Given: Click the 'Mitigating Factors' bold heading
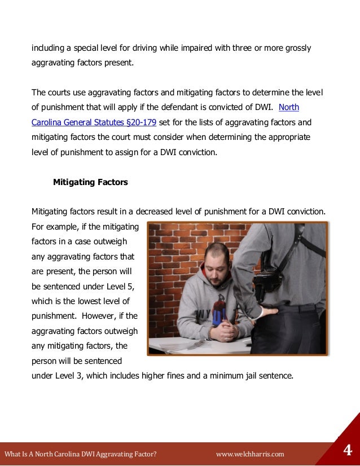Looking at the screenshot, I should click(90, 182).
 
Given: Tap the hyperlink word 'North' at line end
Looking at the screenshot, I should click(289, 107).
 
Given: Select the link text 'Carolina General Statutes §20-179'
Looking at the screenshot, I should click(94, 122).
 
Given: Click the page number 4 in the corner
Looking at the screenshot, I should click(348, 451).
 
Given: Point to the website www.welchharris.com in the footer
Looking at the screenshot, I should click(250, 454).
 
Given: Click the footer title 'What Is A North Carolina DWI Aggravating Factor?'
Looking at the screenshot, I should click(80, 454).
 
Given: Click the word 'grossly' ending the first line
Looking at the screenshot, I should click(297, 48).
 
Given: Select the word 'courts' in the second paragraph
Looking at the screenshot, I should click(60, 93).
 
